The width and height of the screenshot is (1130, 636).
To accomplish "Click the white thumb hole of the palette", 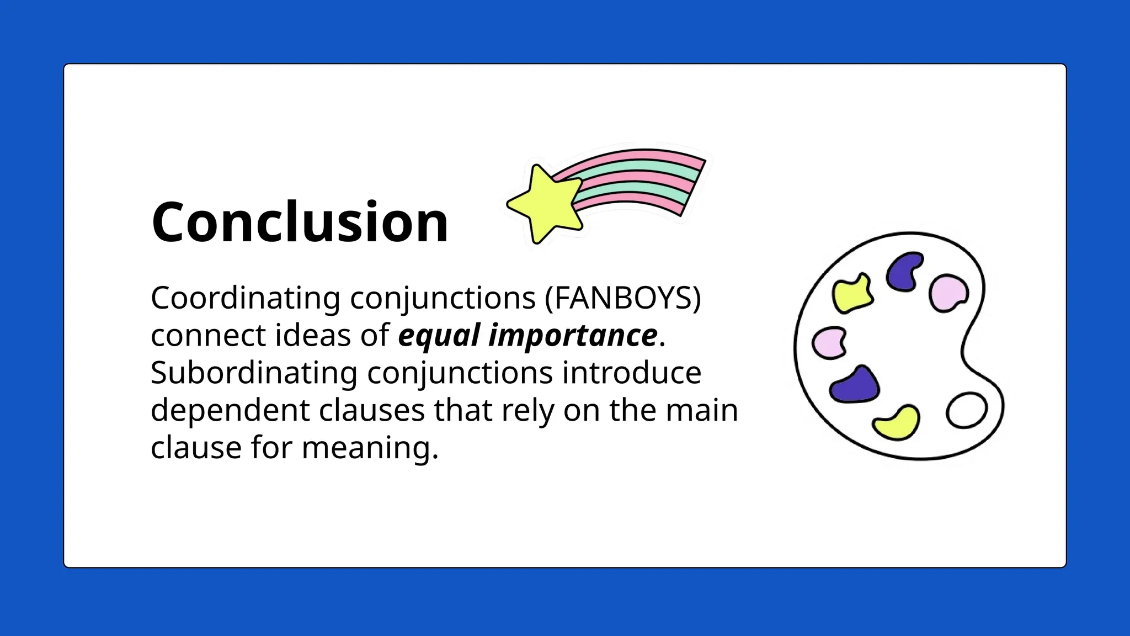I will point(966,410).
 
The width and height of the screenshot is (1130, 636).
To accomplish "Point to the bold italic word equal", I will point(439,335).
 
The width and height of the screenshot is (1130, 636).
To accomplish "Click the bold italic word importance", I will point(573,335).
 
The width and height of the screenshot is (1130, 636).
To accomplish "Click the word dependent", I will point(230,410).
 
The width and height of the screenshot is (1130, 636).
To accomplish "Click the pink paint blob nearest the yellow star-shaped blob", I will point(829,342).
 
